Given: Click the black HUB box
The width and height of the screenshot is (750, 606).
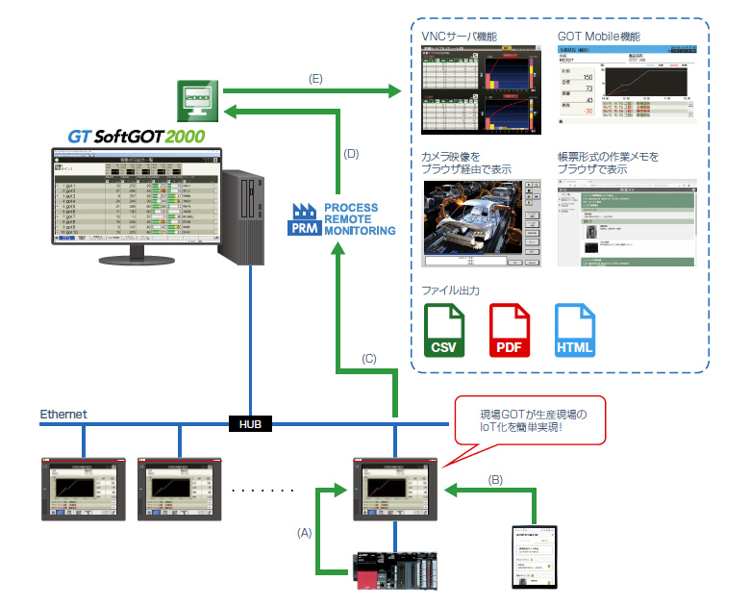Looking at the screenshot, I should point(251,423).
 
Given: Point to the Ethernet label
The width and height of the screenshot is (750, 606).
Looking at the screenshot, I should point(63,414).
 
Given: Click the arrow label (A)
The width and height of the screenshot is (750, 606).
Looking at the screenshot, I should point(305,531).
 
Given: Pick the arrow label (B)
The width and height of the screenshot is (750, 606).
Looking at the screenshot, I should point(495,478).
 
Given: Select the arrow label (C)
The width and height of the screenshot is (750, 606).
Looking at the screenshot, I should point(368,359).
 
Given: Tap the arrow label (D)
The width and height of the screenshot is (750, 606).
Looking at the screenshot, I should point(351,154).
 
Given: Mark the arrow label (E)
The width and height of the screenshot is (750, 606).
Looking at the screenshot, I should point(314,80).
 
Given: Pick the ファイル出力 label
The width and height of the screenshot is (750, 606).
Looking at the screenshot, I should point(451,290).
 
